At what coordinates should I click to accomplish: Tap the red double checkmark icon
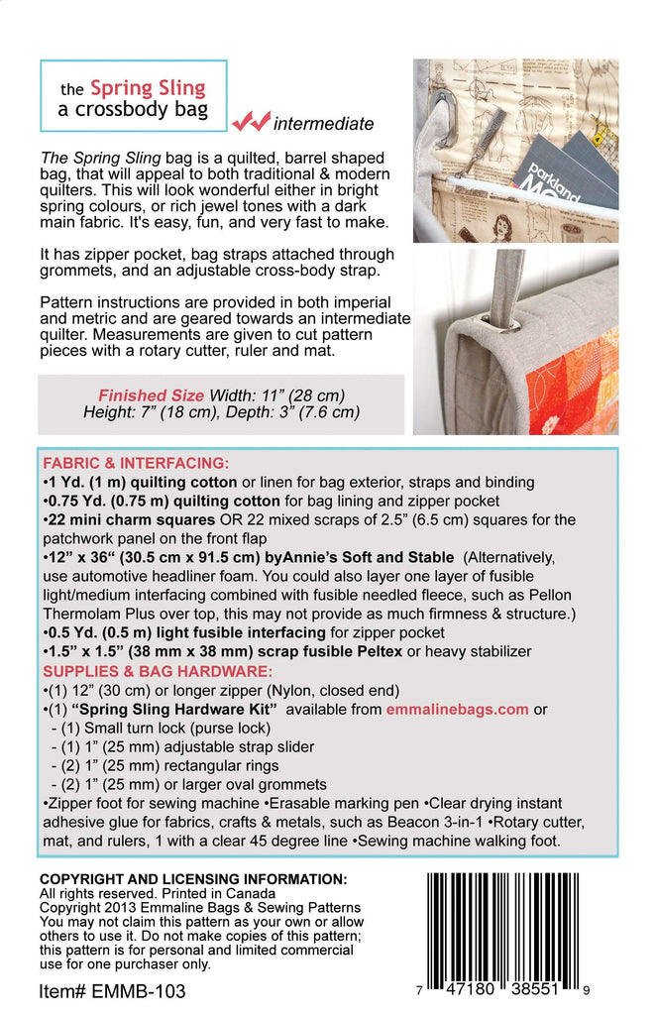coord(251,121)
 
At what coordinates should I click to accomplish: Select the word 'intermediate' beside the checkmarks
coord(323,124)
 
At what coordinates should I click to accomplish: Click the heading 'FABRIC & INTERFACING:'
coord(136,463)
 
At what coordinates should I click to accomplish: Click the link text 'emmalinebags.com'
coord(462,709)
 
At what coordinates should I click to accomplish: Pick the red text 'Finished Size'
coord(150,395)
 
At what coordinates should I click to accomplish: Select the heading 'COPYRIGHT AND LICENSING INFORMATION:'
coord(193,879)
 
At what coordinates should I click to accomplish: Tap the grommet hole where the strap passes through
coord(504,323)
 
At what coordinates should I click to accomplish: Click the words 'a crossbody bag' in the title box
coord(133,109)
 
